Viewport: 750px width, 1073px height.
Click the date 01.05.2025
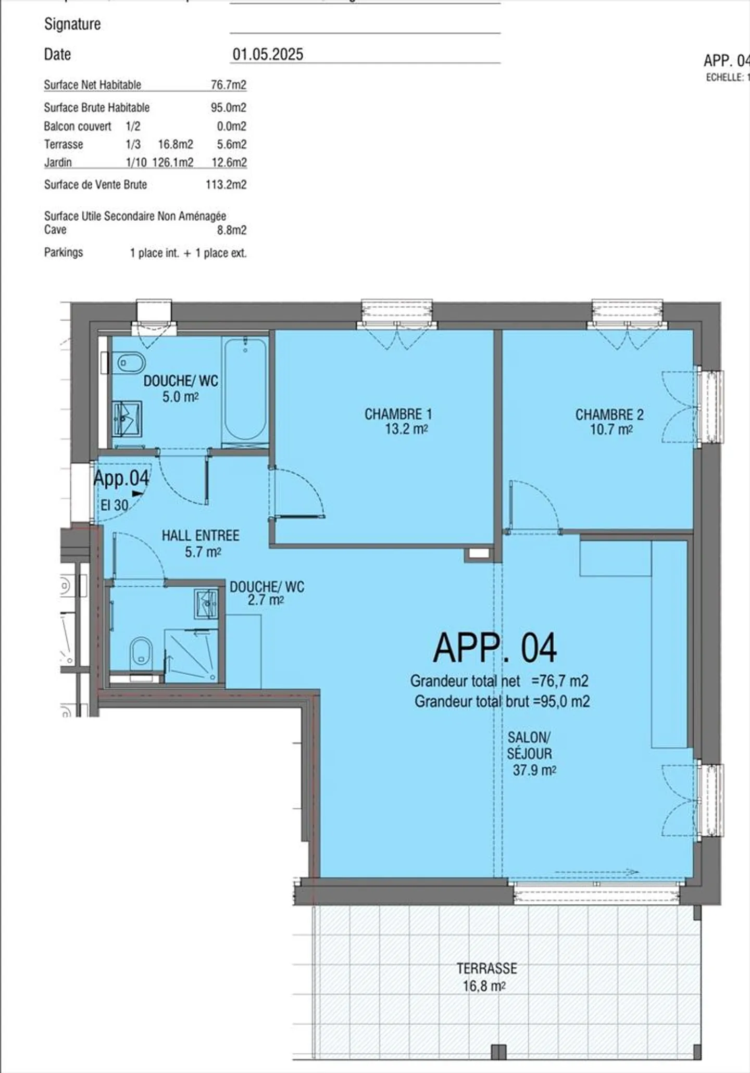268,54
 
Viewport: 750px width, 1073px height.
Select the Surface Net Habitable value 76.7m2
229,84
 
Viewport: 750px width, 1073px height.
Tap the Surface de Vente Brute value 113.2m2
226,184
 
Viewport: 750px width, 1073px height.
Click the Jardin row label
58,162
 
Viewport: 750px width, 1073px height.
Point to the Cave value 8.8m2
232,230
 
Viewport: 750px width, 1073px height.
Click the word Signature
72,24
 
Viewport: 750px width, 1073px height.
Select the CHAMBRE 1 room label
398,414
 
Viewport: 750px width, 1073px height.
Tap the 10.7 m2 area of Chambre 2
611,430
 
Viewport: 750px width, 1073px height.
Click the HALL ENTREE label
200,535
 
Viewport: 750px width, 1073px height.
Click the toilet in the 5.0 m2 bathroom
130,363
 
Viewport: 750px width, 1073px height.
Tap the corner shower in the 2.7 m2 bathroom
191,655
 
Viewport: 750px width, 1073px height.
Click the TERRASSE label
486,968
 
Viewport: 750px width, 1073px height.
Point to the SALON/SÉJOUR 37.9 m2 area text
534,770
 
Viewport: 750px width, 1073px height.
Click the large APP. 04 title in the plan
495,648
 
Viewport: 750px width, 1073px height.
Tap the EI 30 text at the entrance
114,505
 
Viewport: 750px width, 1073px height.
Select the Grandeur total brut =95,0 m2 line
502,701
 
